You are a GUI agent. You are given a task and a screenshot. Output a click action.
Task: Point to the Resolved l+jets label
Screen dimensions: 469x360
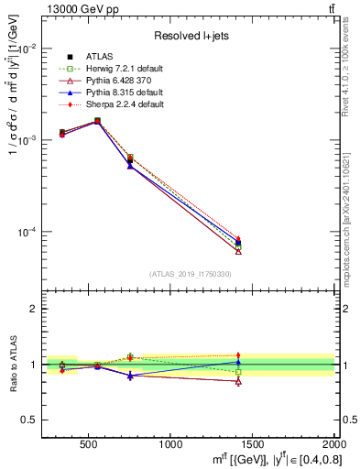191,37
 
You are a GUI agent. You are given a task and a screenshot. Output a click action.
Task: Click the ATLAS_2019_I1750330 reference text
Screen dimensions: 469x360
191,274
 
